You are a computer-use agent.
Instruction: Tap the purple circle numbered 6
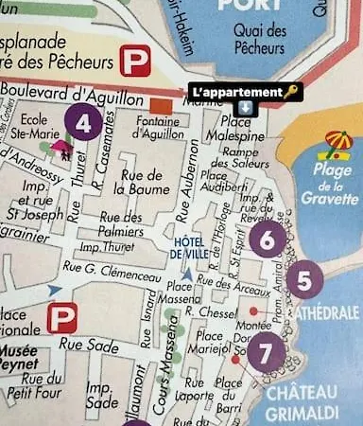(x=267, y=240)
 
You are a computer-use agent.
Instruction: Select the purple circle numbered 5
(x=302, y=280)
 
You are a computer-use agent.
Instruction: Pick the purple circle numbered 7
(x=266, y=351)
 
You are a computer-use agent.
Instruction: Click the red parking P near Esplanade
(x=134, y=62)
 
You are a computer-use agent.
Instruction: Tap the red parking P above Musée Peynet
(x=62, y=317)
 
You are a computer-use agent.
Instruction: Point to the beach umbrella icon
(x=337, y=145)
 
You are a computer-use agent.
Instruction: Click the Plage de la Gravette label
(x=330, y=185)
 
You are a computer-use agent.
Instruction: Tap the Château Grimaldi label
(x=302, y=401)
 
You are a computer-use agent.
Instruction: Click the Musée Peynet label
(x=19, y=357)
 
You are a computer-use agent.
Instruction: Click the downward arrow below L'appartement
(x=244, y=107)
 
